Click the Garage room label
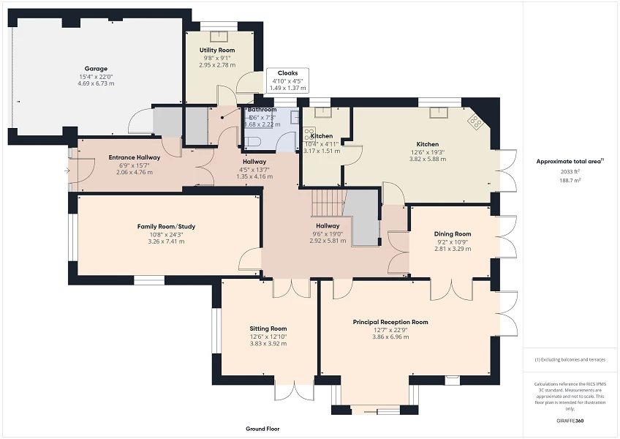(x=95, y=69)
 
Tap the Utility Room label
(x=216, y=50)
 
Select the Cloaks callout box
(x=287, y=80)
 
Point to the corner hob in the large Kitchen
(x=476, y=122)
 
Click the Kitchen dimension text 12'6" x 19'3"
(x=428, y=151)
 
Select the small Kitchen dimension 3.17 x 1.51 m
(x=322, y=151)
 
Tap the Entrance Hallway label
(x=135, y=157)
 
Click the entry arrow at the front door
(x=68, y=170)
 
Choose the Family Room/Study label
(x=166, y=227)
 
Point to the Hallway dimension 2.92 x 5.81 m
(x=328, y=241)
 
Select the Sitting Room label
(x=268, y=329)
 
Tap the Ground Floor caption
(x=262, y=429)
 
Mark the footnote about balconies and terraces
(x=570, y=359)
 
